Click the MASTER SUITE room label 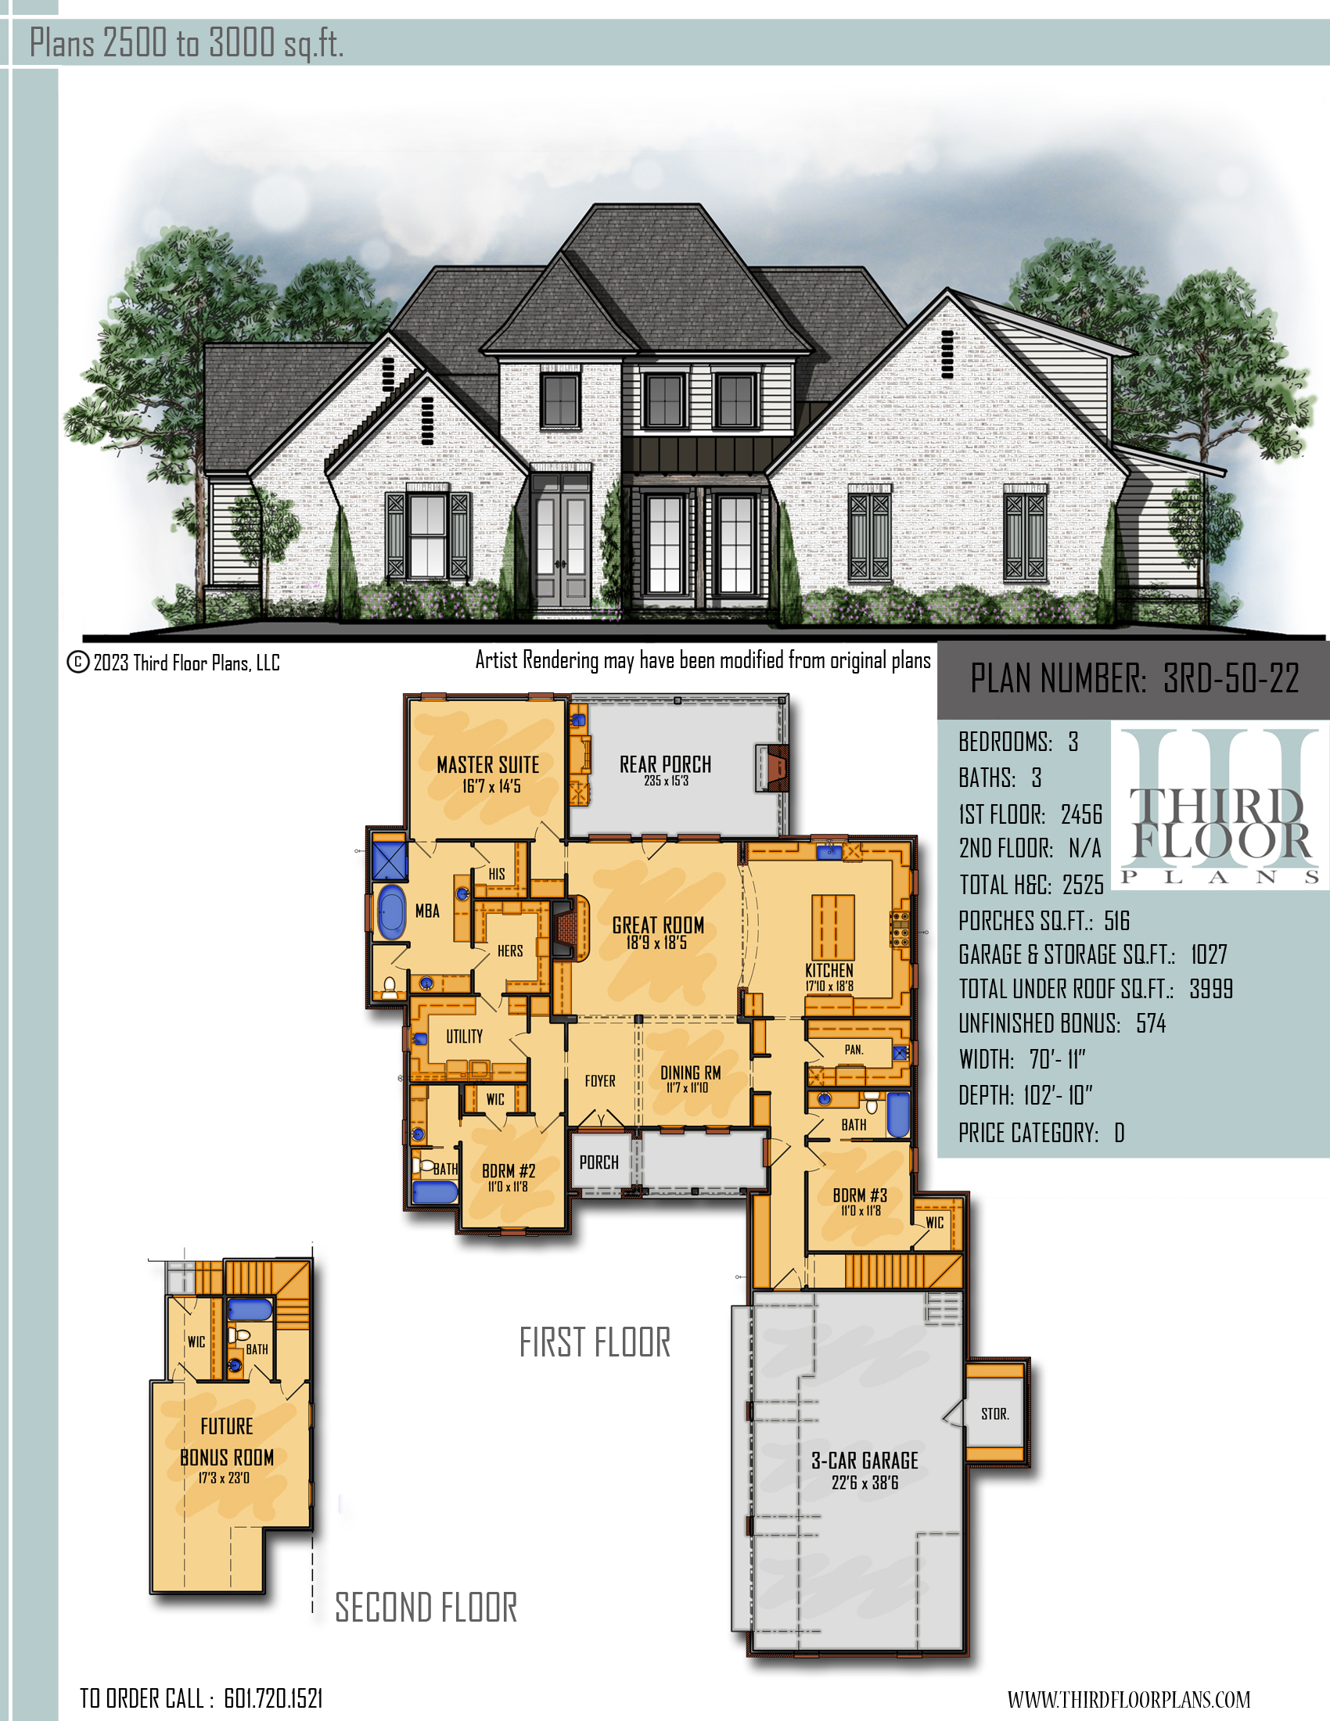[487, 764]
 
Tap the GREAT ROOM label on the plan [658, 925]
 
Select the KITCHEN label [829, 970]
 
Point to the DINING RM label [690, 1072]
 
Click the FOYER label [599, 1081]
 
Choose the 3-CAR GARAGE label [865, 1461]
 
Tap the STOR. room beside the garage [995, 1414]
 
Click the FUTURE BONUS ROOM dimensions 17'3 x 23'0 [224, 1478]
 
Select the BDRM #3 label [860, 1195]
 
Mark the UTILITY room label [464, 1037]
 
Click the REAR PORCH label [665, 764]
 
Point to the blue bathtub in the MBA [392, 911]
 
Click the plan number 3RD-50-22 [1231, 678]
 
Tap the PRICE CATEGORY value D [1119, 1134]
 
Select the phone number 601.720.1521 [273, 1699]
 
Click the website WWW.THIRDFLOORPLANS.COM [1128, 1700]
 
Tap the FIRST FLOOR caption [595, 1342]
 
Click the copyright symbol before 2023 [77, 662]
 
